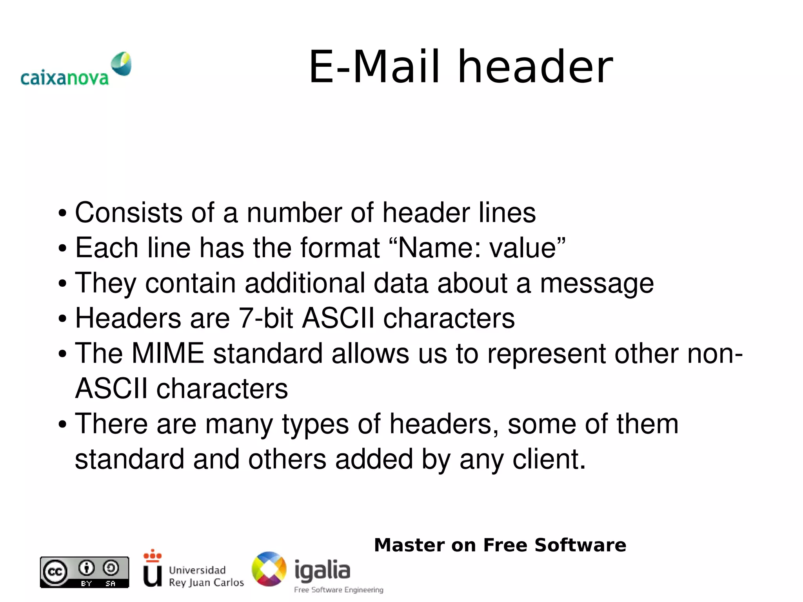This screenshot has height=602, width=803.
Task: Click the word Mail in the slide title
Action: tap(396, 67)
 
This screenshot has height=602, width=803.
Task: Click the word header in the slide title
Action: tap(535, 67)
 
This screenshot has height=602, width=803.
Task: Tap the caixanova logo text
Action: tap(64, 78)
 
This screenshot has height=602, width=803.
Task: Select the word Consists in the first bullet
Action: tap(129, 213)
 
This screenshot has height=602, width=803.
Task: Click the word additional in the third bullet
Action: tap(305, 283)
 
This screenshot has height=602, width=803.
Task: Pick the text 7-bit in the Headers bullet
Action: tap(266, 318)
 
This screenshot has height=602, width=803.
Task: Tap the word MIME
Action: tap(168, 353)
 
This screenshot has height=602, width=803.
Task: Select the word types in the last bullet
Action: tap(315, 425)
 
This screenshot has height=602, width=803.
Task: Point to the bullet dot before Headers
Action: tap(62, 319)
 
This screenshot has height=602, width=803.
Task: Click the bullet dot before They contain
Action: tap(62, 284)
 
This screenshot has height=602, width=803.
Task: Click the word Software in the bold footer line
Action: tap(580, 545)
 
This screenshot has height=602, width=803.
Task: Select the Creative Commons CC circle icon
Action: tap(55, 572)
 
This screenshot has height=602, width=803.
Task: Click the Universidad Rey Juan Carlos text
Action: tap(206, 576)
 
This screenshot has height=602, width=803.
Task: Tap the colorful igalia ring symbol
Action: tap(269, 569)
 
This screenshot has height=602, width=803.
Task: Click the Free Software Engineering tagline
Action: tap(338, 590)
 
